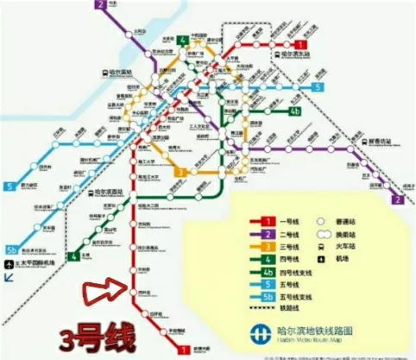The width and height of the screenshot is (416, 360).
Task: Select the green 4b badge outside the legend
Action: click(x=294, y=111)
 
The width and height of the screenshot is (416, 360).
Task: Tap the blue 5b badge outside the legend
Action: click(x=10, y=248)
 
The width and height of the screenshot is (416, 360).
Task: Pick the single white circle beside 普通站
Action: click(x=324, y=220)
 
